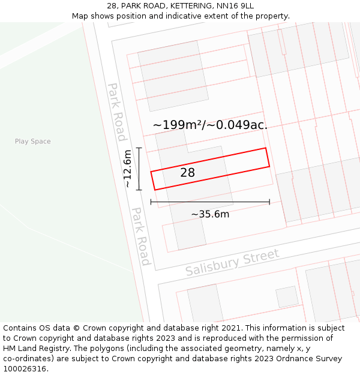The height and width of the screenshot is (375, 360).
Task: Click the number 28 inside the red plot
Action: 187,173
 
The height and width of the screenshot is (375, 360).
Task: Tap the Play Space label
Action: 33,142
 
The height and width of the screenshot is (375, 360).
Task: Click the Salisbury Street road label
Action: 232,263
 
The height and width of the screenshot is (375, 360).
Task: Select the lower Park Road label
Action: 141,236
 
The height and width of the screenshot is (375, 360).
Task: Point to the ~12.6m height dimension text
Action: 127,169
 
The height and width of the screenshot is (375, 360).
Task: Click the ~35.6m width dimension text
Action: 210,214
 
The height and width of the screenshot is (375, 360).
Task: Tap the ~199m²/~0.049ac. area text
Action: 210,125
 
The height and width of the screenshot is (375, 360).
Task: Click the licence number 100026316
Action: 26,369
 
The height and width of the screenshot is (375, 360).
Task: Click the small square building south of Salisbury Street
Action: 287,296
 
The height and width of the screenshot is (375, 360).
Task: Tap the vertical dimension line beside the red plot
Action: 139,169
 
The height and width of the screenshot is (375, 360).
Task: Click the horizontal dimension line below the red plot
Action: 210,202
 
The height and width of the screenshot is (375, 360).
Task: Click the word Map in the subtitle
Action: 80,16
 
